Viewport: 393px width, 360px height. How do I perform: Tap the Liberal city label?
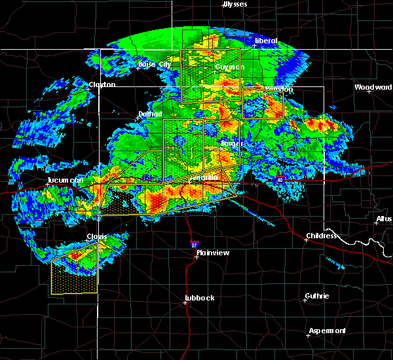tap(266, 41)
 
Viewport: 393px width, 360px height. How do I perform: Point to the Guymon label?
tap(229, 67)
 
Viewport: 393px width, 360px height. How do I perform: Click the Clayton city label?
tap(102, 84)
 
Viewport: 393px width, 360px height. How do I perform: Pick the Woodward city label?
tap(373, 87)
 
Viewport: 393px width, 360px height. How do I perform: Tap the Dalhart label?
tap(150, 114)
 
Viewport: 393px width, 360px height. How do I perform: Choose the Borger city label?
tap(232, 143)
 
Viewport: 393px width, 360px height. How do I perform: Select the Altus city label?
tap(385, 218)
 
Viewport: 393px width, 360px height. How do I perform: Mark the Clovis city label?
tap(97, 236)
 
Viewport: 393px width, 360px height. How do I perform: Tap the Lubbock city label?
tap(199, 298)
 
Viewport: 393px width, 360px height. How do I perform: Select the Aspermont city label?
tap(328, 331)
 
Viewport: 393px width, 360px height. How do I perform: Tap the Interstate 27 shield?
tap(195, 243)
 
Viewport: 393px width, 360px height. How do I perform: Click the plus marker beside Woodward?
tap(369, 92)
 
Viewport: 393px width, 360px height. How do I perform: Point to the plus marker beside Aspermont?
tap(309, 335)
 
